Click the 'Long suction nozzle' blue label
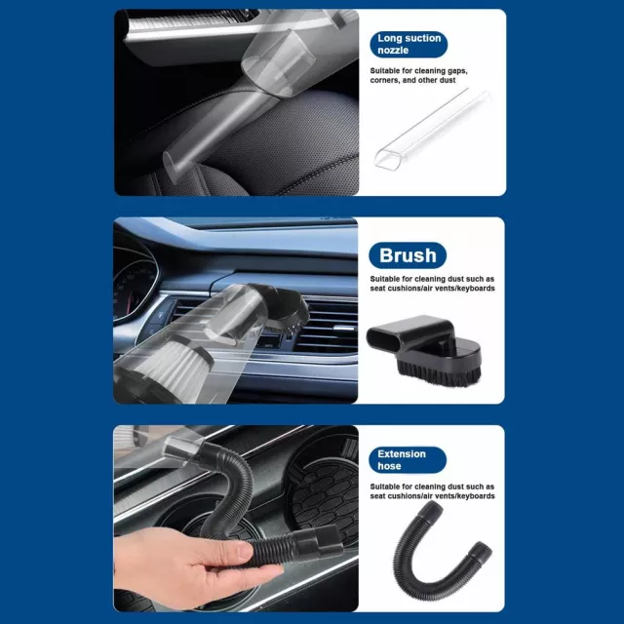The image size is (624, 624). click(x=409, y=44)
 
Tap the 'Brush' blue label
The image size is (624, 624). click(x=408, y=255)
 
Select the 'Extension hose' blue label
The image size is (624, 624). click(x=408, y=459)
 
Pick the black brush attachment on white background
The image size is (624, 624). click(x=424, y=350)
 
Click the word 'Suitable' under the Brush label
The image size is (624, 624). click(x=384, y=279)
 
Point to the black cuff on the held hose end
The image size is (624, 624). click(x=319, y=541)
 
